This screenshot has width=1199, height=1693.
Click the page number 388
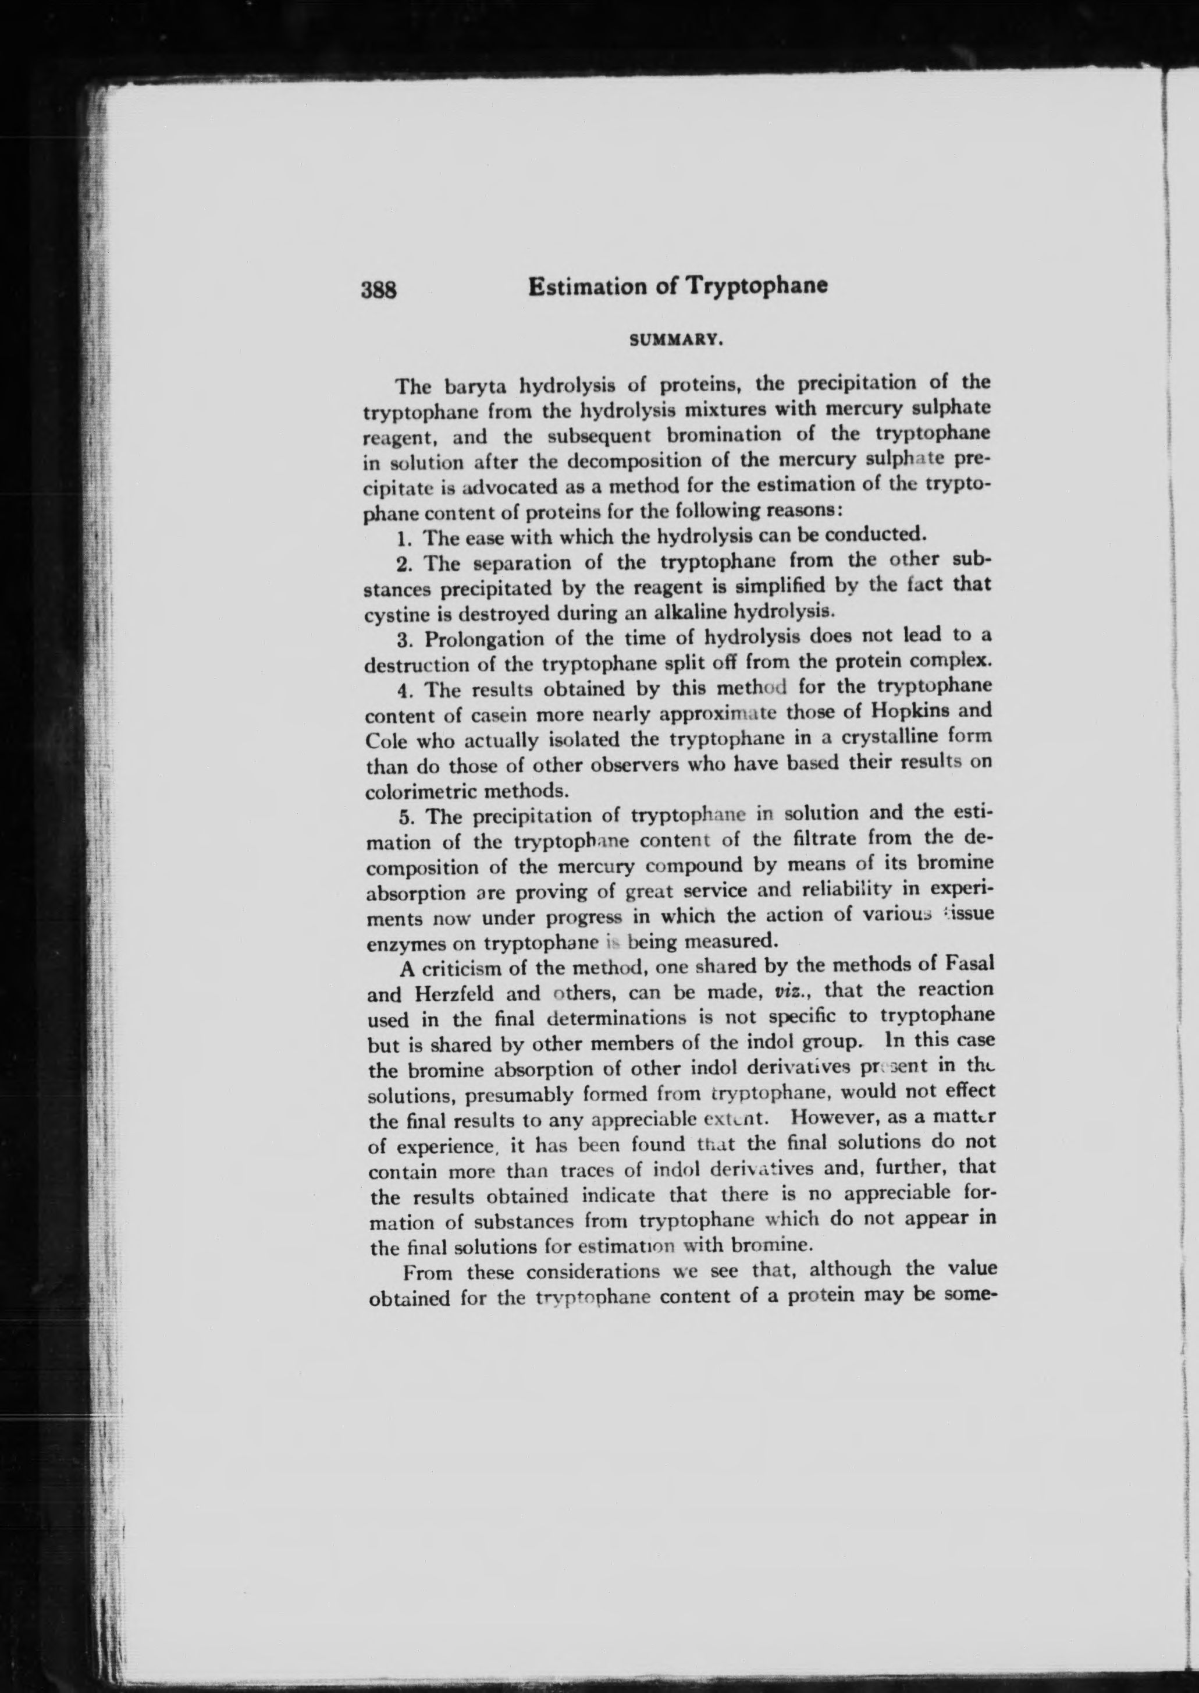pos(379,289)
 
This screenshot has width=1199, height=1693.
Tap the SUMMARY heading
pos(674,341)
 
